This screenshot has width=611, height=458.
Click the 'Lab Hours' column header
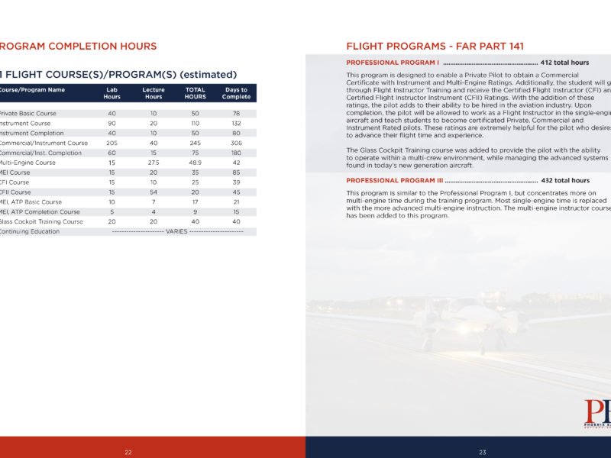[112, 93]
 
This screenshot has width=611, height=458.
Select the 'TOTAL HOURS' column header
[196, 93]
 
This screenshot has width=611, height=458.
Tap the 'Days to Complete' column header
[236, 93]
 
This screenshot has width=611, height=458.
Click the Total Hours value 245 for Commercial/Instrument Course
[196, 143]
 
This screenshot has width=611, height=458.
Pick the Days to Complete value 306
[236, 143]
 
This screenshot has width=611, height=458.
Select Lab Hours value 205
[112, 143]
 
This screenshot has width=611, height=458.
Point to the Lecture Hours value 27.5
[154, 163]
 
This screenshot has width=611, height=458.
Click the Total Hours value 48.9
[196, 163]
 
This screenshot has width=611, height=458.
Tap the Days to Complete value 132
[236, 123]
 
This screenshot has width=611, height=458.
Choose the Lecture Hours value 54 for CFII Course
[154, 192]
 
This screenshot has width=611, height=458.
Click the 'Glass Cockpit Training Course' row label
[41, 221]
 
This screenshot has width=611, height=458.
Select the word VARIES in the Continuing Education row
[176, 231]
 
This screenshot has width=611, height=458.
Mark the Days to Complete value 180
[236, 153]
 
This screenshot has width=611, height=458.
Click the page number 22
[128, 453]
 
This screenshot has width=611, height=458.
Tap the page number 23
[483, 453]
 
